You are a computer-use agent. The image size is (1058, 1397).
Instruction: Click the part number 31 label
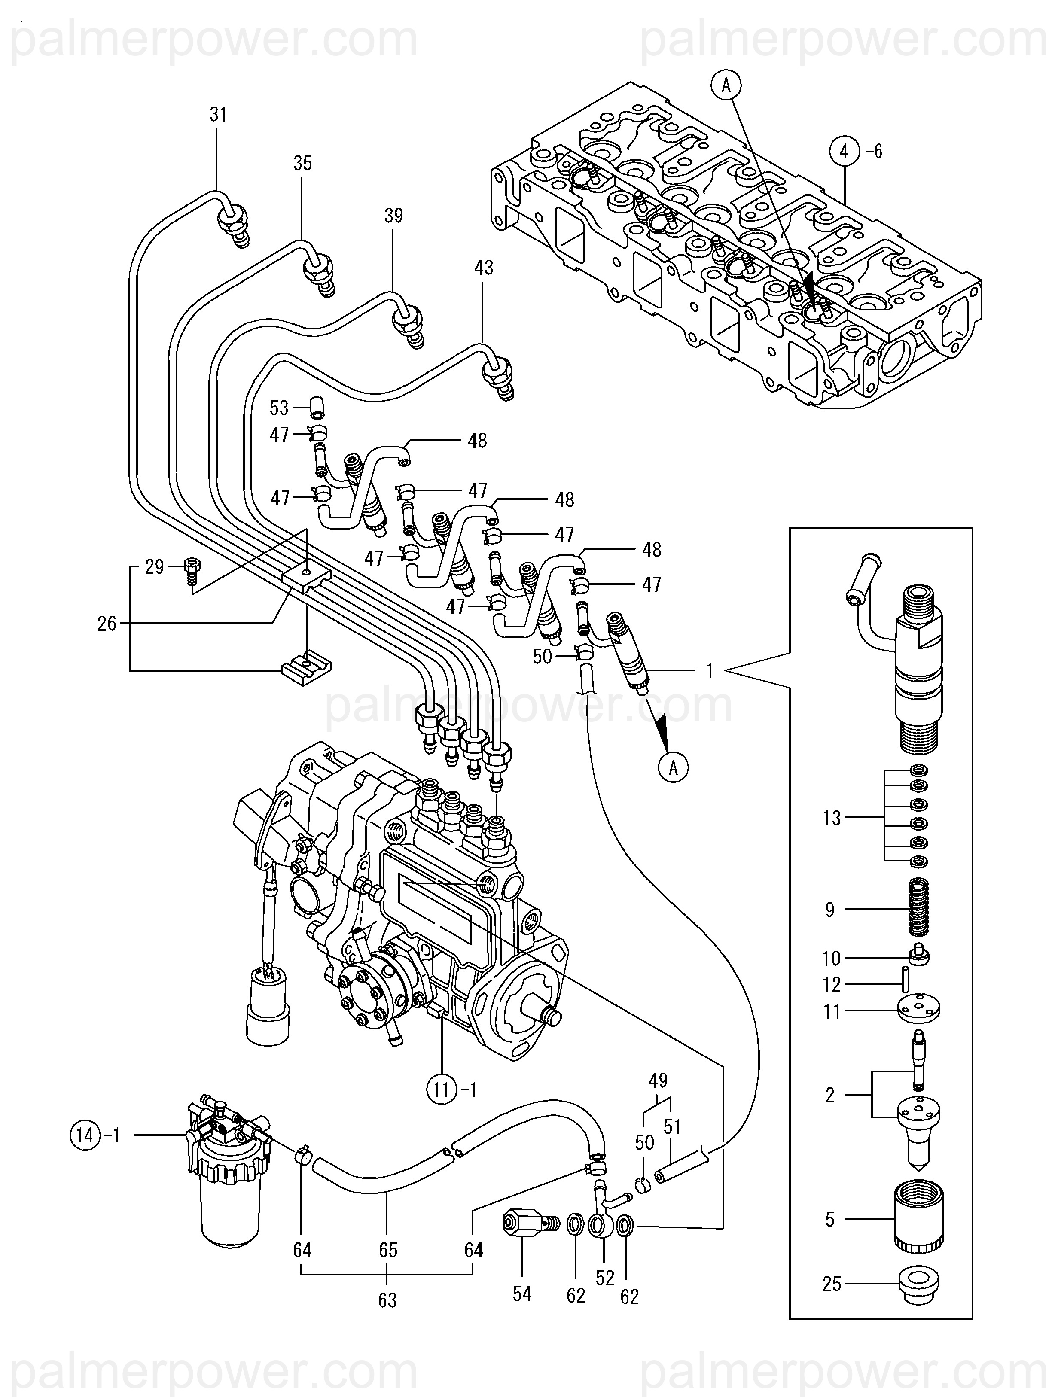point(218,115)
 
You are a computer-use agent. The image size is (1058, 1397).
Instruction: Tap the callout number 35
point(302,164)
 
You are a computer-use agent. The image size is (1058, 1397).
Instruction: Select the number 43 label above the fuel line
point(483,268)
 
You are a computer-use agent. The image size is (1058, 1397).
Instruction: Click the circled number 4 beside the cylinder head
point(845,152)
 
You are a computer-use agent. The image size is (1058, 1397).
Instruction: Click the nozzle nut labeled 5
point(919,1218)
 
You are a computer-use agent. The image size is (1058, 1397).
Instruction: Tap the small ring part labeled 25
point(919,1285)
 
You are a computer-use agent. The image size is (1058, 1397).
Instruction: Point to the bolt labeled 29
point(192,572)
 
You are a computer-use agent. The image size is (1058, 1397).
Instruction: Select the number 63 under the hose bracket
point(387,1300)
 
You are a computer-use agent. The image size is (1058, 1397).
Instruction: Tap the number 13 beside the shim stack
point(831,819)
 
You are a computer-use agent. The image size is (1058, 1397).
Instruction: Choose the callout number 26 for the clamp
point(107,624)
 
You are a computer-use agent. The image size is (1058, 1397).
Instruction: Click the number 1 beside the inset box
point(709,671)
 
